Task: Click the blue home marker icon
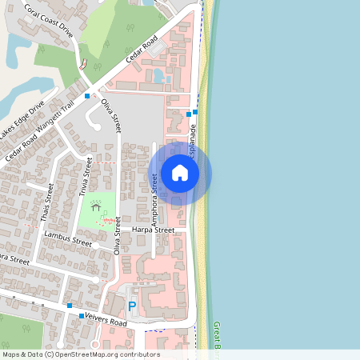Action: click(x=180, y=173)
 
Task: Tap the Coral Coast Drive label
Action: click(x=47, y=22)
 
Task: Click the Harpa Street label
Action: click(x=153, y=230)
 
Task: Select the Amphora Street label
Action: click(x=154, y=190)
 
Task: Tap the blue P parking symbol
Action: click(x=132, y=306)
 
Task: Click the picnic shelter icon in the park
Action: click(x=96, y=206)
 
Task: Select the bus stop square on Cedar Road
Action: click(x=98, y=95)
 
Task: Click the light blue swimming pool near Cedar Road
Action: click(x=158, y=76)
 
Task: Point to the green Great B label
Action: click(x=217, y=336)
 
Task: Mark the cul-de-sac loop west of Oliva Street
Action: click(x=90, y=122)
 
